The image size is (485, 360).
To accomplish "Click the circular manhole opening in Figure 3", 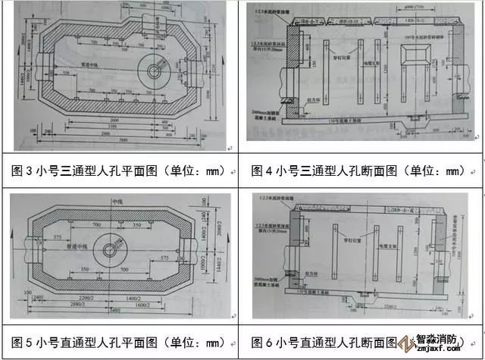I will pyautogui.click(x=155, y=70).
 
